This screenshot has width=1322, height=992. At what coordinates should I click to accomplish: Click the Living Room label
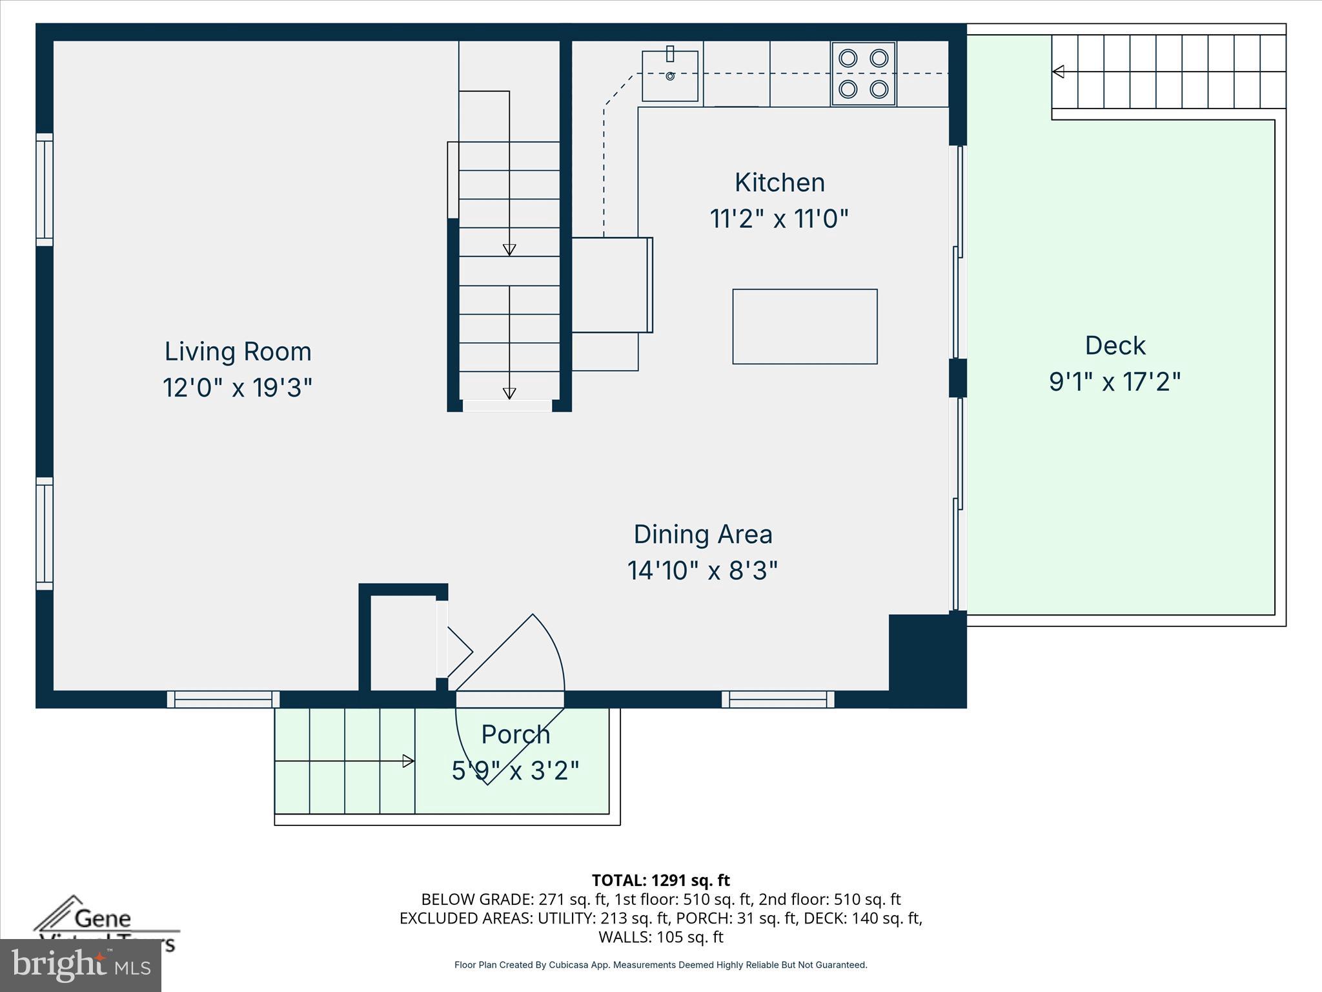point(238,351)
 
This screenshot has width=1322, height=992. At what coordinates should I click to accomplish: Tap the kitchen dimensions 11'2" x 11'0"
point(778,218)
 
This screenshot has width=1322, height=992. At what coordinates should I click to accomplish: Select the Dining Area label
point(702,534)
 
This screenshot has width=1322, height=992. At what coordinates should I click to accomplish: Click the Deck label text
point(1115,346)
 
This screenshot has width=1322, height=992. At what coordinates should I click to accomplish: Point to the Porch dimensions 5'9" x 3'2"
point(515,770)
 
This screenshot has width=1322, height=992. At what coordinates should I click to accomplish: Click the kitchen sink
point(670,76)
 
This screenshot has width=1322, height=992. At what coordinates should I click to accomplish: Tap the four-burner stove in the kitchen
point(863,74)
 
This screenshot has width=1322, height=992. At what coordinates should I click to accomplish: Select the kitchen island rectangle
point(804,326)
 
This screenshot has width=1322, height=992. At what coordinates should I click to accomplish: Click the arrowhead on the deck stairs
point(1058,72)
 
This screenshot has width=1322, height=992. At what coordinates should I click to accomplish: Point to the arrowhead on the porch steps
point(408,761)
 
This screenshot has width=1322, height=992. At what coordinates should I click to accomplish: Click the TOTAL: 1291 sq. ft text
point(660,880)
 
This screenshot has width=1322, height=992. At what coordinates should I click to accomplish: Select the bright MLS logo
point(81,966)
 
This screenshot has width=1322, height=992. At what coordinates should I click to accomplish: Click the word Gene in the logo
point(103,918)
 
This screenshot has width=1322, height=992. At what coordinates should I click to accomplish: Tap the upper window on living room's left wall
point(44,189)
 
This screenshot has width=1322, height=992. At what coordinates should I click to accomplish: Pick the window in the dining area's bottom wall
point(778,699)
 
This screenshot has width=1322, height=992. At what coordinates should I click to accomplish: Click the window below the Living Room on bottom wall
point(223,699)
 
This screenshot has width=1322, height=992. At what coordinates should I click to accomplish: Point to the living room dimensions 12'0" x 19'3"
point(238,387)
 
